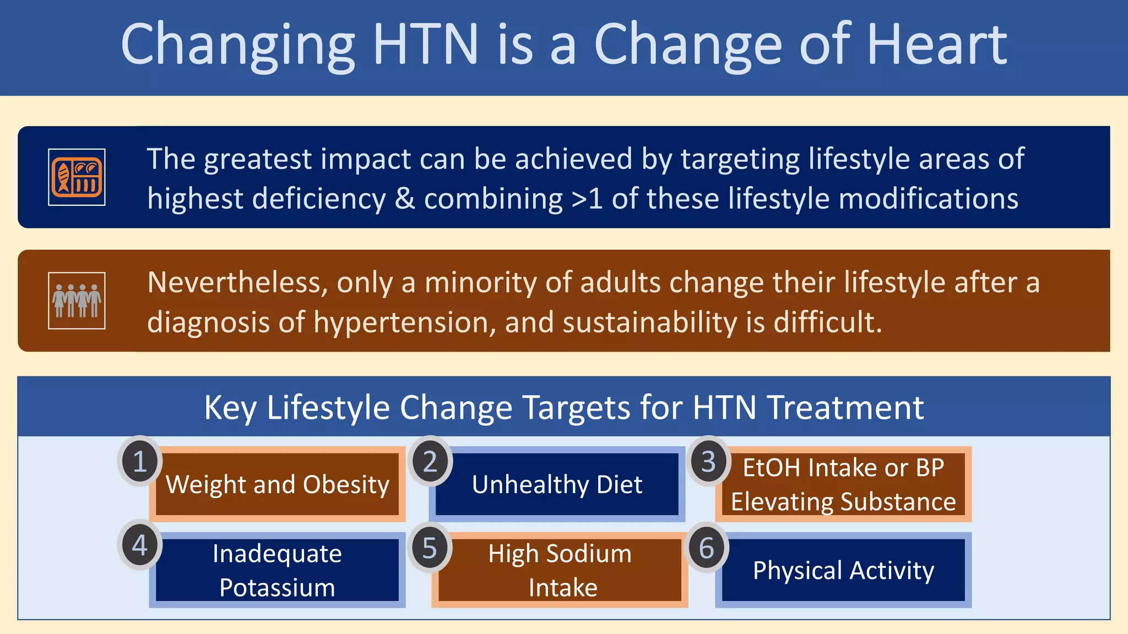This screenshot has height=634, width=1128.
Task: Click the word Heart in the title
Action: [937, 44]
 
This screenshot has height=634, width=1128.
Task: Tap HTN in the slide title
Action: [425, 44]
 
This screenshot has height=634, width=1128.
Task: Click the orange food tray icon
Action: [77, 177]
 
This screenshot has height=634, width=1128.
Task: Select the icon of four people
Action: [77, 300]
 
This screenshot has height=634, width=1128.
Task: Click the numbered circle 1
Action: [140, 461]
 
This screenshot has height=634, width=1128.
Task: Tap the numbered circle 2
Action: [430, 461]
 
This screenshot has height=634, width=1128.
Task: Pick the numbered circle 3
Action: [708, 461]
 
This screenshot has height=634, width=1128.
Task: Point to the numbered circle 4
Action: [140, 545]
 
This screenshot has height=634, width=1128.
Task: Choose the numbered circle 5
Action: [430, 548]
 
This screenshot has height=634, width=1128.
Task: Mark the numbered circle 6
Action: [707, 548]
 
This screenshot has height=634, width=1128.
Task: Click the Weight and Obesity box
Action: [278, 485]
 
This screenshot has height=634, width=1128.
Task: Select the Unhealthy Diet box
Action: [557, 485]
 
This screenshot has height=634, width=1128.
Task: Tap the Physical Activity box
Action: [843, 570]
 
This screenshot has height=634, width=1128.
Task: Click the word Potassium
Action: [277, 588]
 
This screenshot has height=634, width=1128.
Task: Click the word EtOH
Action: [771, 468]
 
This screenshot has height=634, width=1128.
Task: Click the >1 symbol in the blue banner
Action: [587, 199]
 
